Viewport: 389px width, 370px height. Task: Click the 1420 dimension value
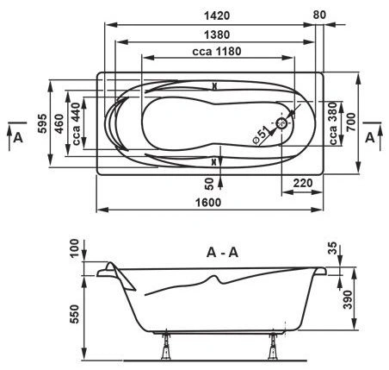217,16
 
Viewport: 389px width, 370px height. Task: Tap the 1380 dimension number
217,34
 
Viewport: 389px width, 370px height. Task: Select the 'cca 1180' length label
217,52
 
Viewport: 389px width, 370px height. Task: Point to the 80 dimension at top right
319,15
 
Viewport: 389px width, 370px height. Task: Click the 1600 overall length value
208,203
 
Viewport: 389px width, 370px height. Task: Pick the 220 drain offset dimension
303,183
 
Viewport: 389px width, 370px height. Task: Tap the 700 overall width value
352,122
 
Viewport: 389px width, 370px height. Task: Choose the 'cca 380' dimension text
333,123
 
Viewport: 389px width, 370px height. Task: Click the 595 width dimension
42,123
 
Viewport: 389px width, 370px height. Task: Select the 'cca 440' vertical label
76,124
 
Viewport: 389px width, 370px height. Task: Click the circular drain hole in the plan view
281,123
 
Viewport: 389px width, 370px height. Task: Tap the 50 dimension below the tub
210,184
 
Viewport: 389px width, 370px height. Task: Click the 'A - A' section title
222,253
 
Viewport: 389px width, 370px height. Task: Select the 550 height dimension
75,314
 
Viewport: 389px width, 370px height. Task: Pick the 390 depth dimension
348,299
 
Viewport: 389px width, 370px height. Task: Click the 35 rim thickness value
331,248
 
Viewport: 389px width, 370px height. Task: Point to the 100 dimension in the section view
74,248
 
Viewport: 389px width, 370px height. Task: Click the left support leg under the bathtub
166,347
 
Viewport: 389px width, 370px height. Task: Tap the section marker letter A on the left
18,138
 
